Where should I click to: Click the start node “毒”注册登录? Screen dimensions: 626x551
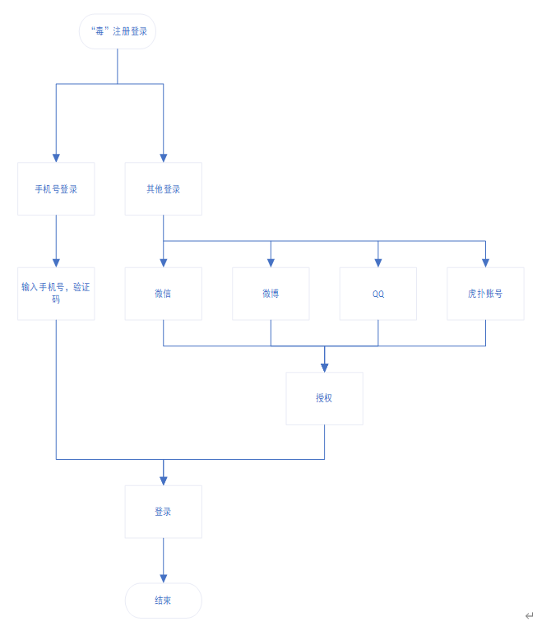tap(118, 31)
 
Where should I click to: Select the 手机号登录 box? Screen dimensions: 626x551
tap(56, 189)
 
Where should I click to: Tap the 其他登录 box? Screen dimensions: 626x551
tap(163, 189)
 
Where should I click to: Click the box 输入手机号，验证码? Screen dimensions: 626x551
tap(56, 294)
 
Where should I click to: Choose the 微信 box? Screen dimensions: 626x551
tap(163, 294)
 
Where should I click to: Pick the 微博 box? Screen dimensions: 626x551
tap(271, 294)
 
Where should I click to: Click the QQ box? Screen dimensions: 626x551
tap(378, 294)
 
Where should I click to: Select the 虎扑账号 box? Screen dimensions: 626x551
tap(485, 294)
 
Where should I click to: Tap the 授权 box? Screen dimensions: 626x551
tap(324, 398)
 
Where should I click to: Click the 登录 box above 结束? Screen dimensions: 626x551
tap(163, 512)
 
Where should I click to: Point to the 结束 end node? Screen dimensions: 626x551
tap(163, 600)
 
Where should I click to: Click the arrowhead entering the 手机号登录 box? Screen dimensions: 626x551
tap(56, 158)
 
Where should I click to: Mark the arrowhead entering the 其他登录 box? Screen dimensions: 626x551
tap(163, 158)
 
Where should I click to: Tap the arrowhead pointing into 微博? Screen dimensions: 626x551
tap(271, 262)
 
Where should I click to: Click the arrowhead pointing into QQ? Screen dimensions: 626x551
tap(378, 262)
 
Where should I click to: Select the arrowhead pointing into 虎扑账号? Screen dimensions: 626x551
tap(485, 262)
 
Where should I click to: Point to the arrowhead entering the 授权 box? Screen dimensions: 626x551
tap(324, 367)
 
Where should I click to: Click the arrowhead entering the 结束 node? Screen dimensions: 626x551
tap(163, 578)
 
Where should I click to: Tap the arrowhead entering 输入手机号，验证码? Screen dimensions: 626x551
tap(56, 262)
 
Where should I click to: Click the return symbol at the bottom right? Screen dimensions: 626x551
tap(529, 615)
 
